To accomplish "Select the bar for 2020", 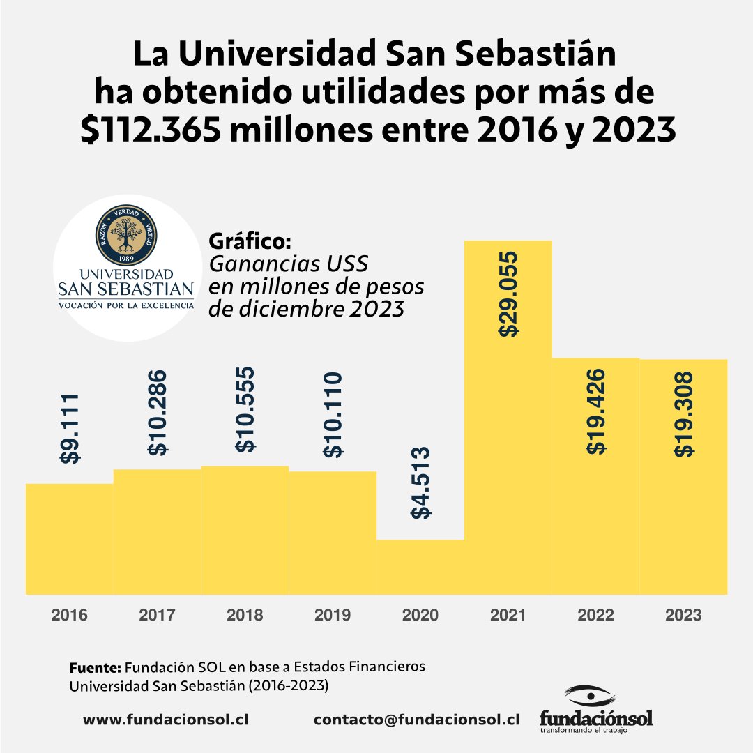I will point(420,566).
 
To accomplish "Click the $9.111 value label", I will point(70,429).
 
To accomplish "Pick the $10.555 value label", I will point(245,410).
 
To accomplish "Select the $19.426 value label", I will point(596,412).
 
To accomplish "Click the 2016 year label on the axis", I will point(70,616).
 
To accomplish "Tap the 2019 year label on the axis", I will point(333,616).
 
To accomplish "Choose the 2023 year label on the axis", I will point(683,616).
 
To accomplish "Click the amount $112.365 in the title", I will point(157,130).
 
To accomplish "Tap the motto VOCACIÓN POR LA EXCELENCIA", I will point(126,305).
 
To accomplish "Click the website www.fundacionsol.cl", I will point(166,720).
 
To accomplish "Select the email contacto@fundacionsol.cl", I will point(417,720).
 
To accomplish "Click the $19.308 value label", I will point(684,413).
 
